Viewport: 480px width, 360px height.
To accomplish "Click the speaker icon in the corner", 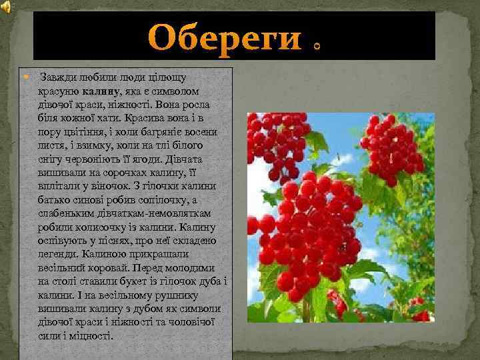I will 6,7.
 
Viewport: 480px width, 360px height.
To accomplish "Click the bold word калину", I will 102,90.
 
